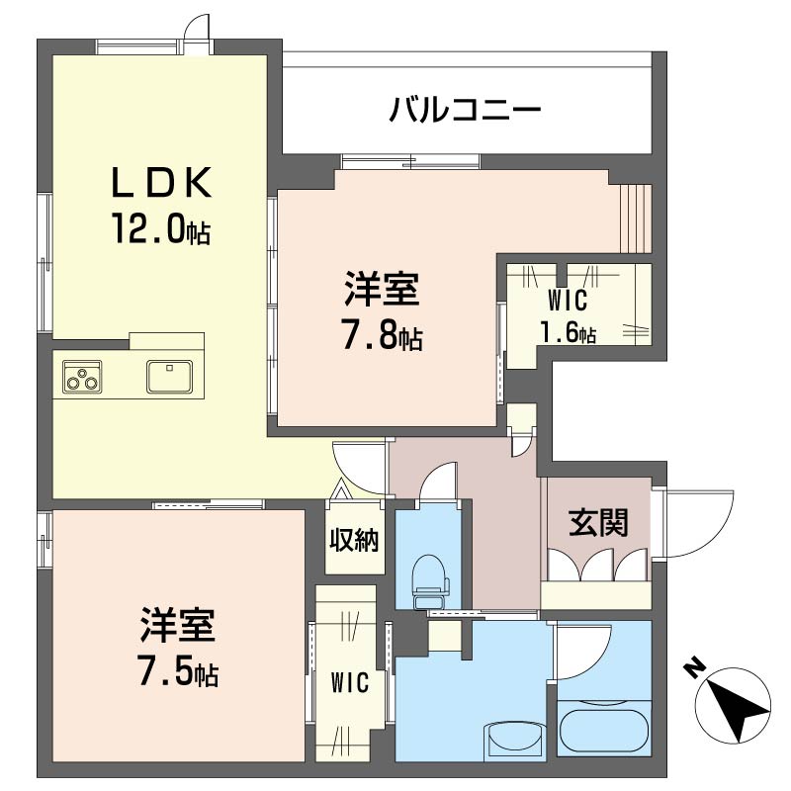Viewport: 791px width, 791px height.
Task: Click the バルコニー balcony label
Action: coord(464,107)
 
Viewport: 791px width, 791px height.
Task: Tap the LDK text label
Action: coord(160,183)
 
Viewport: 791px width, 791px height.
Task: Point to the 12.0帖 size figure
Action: coord(159,230)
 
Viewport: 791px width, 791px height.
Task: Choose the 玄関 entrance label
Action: coord(598,522)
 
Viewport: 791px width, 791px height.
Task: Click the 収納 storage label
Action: coord(354,540)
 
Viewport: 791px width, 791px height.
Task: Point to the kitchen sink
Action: coord(170,377)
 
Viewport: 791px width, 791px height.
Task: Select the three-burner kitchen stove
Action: coord(82,377)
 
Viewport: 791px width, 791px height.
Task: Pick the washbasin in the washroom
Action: coord(514,740)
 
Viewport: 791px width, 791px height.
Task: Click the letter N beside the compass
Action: coord(693,669)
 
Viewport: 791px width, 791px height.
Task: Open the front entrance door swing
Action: coord(697,522)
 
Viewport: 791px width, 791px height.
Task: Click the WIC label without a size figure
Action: coord(350,682)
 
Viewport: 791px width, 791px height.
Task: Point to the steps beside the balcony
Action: coord(636,218)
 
